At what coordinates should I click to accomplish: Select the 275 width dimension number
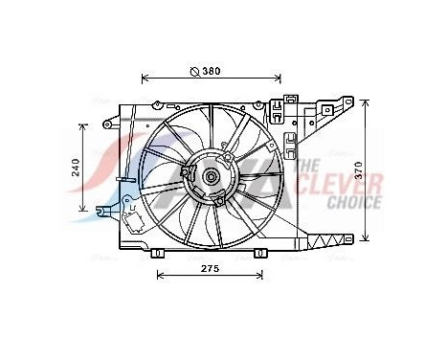click(211, 269)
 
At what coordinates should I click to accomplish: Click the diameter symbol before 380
click(193, 71)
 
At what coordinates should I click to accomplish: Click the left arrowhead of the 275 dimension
click(160, 277)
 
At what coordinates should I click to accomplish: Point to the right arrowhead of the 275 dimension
click(262, 277)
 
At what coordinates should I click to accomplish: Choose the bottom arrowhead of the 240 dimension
click(83, 211)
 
